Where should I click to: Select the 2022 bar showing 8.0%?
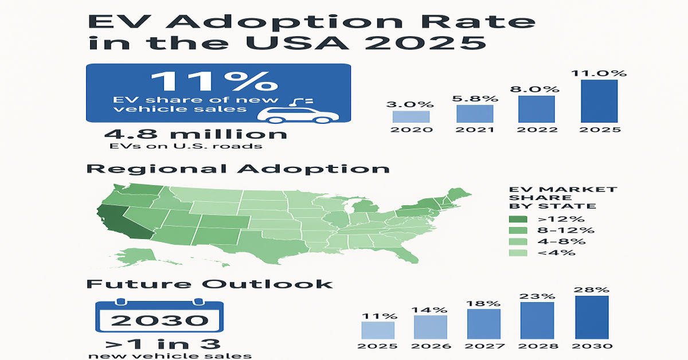tap(537, 109)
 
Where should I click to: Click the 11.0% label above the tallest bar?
tap(600, 73)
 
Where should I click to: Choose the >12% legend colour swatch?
tap(518, 218)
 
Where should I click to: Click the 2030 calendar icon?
tap(159, 318)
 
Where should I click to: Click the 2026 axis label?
tap(431, 346)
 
